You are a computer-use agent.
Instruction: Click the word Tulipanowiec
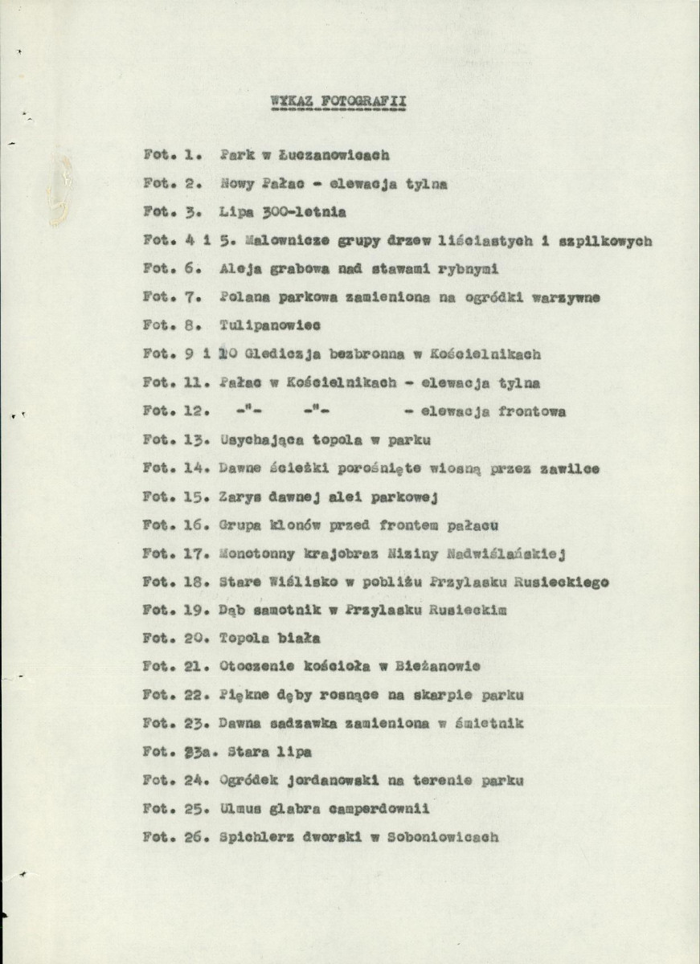coord(270,325)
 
